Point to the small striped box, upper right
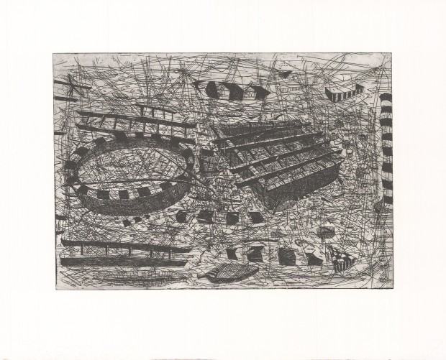click(x=339, y=94)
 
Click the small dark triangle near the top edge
click(x=286, y=72)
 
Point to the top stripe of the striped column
click(x=386, y=97)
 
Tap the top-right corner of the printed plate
click(x=393, y=53)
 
